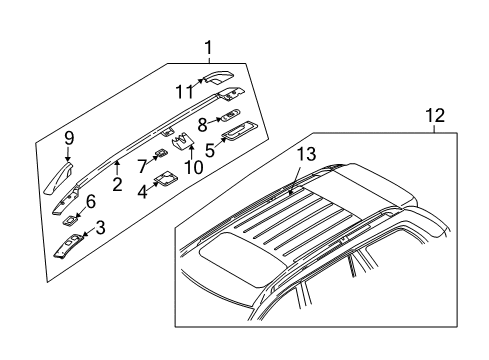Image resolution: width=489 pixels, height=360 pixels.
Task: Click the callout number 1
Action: point(208,48)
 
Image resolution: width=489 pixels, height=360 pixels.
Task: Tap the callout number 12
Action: point(435,115)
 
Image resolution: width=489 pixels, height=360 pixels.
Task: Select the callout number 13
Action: point(306,154)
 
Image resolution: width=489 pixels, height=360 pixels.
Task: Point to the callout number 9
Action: point(69,138)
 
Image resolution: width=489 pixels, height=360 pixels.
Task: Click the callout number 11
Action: point(185,92)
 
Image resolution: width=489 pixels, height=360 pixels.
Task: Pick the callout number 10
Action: point(193,167)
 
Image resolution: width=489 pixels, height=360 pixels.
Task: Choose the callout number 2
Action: point(117,184)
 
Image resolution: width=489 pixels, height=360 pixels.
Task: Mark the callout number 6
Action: point(91,202)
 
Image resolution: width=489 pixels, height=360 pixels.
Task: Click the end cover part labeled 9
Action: point(59,178)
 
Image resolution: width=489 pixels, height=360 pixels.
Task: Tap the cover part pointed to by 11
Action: point(218,77)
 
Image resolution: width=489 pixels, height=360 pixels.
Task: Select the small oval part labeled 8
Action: point(229,114)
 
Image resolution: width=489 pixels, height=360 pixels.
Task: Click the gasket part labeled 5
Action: point(239,130)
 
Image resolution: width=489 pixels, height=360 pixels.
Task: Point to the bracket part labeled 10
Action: point(182,142)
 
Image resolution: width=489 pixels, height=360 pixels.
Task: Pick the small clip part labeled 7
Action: point(161,153)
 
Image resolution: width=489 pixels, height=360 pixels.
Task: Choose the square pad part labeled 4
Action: point(165,179)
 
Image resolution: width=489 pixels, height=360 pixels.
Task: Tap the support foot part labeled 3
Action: point(69,246)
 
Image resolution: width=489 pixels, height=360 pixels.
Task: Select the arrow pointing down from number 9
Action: point(69,154)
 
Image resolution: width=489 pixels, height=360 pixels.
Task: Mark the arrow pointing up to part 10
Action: point(191,150)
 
